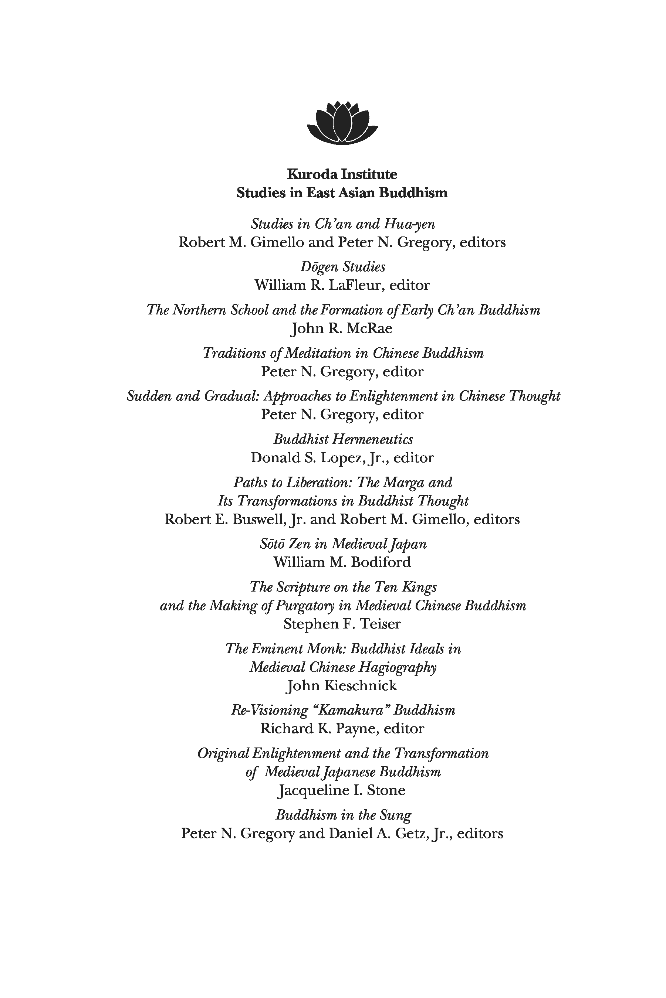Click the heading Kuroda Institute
click(x=342, y=174)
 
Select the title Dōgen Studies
click(x=343, y=267)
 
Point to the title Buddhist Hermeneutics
click(x=343, y=439)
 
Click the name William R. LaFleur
click(x=320, y=285)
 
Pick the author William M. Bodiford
click(x=342, y=562)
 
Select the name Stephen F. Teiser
click(x=342, y=624)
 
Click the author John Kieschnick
click(x=342, y=686)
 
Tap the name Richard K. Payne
click(x=318, y=729)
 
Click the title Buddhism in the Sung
click(x=343, y=815)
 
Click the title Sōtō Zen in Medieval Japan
click(x=343, y=544)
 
